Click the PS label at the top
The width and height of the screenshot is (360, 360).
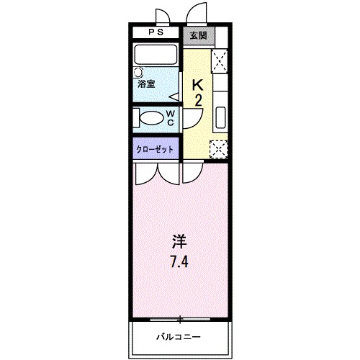(x=156, y=33)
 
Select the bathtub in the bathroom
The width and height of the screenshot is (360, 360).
(x=156, y=55)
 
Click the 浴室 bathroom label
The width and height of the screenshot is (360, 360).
(x=147, y=84)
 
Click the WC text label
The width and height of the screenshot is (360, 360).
(x=171, y=118)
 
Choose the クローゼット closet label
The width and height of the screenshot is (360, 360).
(x=155, y=150)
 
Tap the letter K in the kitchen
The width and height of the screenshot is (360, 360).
(x=198, y=84)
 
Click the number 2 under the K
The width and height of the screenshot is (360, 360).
(x=198, y=100)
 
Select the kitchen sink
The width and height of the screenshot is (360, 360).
(x=220, y=115)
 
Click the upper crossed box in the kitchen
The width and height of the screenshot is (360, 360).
(x=220, y=59)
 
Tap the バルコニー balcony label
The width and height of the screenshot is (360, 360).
(x=179, y=336)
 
